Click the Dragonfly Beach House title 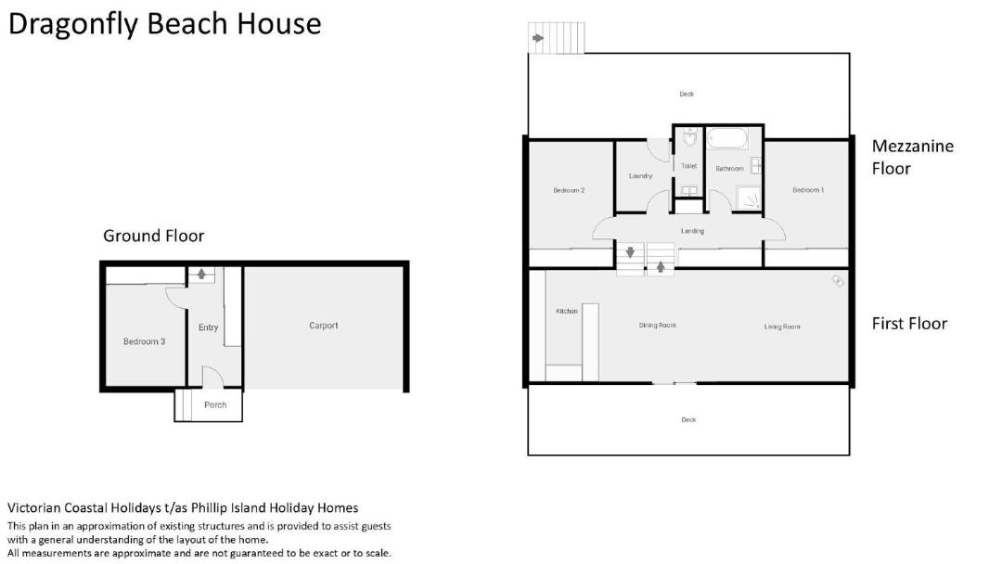tap(164, 24)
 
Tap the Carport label tap(324, 326)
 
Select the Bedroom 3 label tap(145, 341)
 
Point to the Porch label tap(215, 404)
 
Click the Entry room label tap(209, 327)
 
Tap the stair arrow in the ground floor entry tap(202, 274)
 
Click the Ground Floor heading tap(153, 237)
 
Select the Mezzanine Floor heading tap(913, 157)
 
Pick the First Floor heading tap(909, 324)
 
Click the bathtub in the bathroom tap(727, 139)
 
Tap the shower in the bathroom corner tap(749, 198)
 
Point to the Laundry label tap(640, 175)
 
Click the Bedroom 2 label tap(569, 190)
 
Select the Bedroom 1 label tap(808, 190)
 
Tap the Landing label tap(693, 231)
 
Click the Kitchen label tap(567, 311)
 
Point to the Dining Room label tap(658, 325)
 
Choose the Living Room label tap(782, 327)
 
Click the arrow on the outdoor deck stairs tap(538, 38)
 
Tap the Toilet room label tap(688, 166)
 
